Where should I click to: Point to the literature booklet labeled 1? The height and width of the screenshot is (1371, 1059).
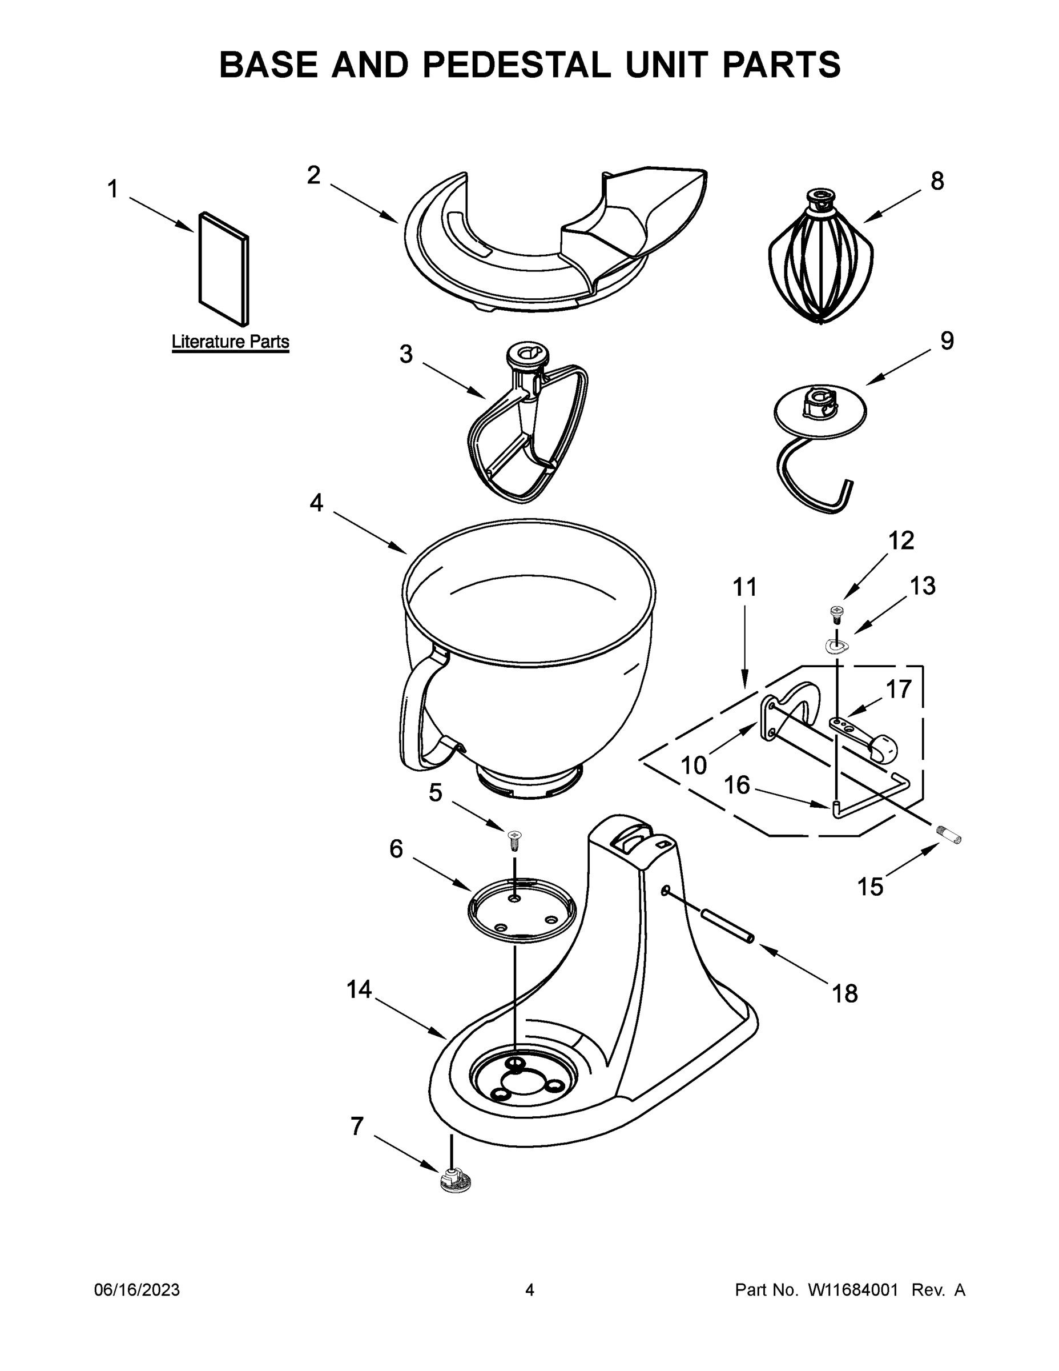coord(223,268)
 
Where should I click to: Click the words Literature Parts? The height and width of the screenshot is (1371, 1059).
coord(230,342)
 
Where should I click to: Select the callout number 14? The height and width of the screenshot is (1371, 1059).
coord(360,991)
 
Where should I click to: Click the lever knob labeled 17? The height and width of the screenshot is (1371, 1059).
coord(883,747)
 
